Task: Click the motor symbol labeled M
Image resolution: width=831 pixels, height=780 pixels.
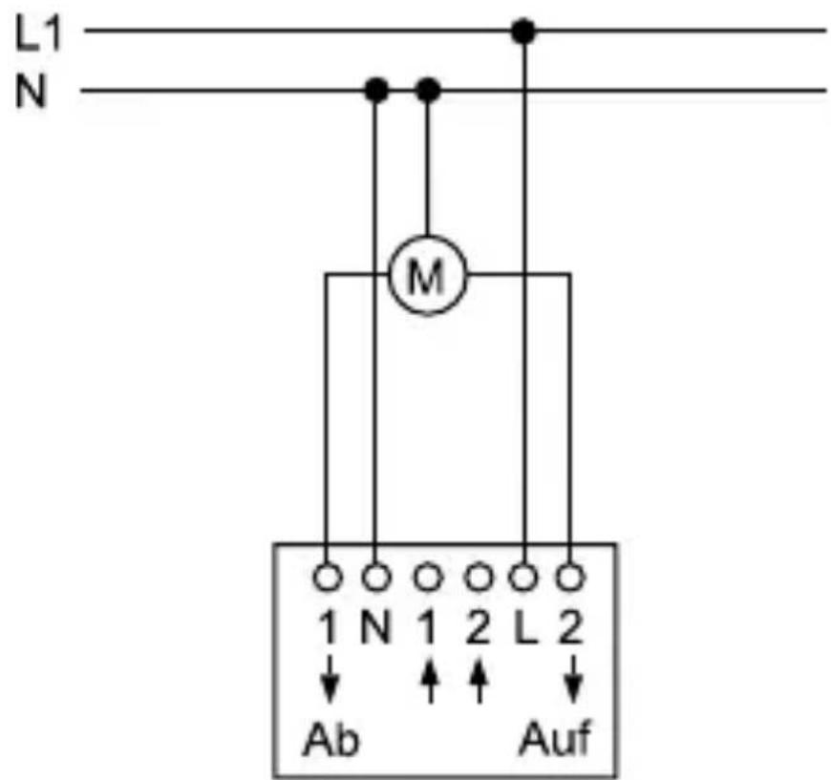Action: pyautogui.click(x=426, y=277)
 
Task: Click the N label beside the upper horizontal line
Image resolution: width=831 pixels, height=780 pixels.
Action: pyautogui.click(x=32, y=94)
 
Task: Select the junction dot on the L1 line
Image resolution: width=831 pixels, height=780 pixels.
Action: pyautogui.click(x=522, y=32)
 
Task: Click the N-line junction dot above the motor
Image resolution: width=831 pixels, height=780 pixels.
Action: pyautogui.click(x=429, y=91)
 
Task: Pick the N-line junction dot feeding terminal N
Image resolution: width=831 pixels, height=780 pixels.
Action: pyautogui.click(x=376, y=91)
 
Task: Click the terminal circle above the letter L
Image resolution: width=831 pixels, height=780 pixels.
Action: pyautogui.click(x=522, y=577)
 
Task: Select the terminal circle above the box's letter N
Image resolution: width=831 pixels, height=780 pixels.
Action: pyautogui.click(x=376, y=577)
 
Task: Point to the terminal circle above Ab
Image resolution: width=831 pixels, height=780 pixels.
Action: pyautogui.click(x=328, y=577)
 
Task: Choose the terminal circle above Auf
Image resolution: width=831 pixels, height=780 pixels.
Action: pyautogui.click(x=571, y=577)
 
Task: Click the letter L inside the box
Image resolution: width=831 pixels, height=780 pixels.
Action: pyautogui.click(x=523, y=629)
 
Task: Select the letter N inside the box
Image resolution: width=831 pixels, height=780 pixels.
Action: pyautogui.click(x=375, y=629)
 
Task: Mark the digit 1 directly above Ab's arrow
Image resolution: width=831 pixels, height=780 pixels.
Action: pyautogui.click(x=328, y=629)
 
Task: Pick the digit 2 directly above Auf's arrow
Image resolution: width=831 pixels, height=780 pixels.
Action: pyautogui.click(x=571, y=629)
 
